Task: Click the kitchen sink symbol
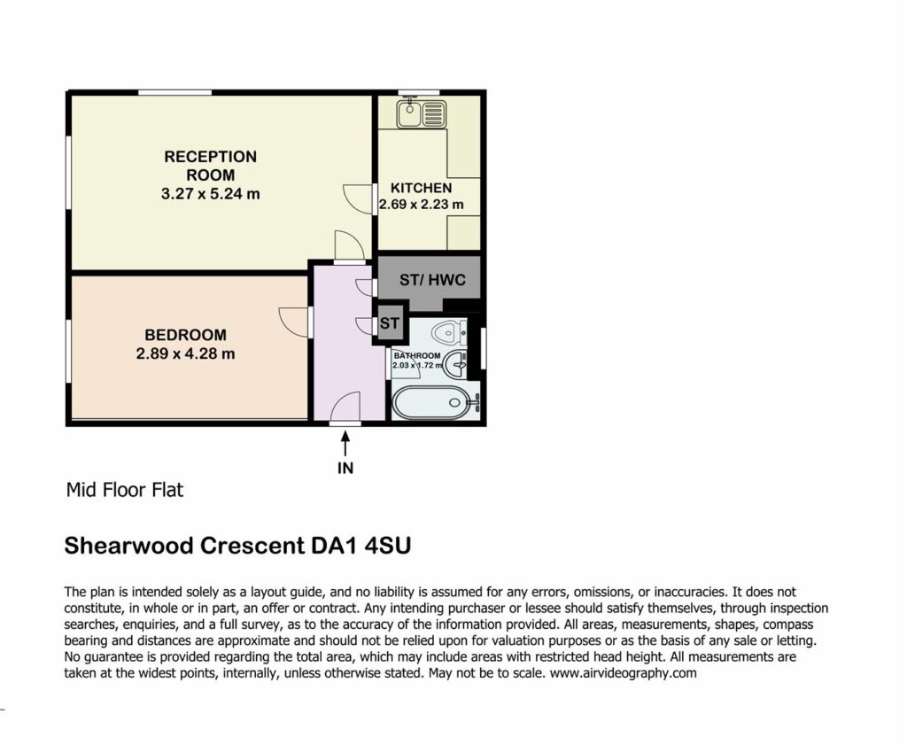[x=421, y=113]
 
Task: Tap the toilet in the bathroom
[x=449, y=332]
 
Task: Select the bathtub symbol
[x=436, y=400]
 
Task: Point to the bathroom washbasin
[x=455, y=364]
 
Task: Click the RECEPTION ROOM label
[x=211, y=166]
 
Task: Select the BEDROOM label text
[x=186, y=335]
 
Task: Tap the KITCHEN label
[x=421, y=188]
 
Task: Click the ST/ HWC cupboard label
[x=432, y=281]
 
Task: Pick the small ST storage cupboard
[x=390, y=322]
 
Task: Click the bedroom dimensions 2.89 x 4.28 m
[x=186, y=353]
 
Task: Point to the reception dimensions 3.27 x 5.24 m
[x=211, y=194]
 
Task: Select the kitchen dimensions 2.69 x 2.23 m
[x=421, y=205]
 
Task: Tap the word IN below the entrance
[x=345, y=468]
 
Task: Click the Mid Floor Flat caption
[x=125, y=490]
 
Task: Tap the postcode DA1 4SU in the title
[x=361, y=546]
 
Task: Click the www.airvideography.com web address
[x=623, y=673]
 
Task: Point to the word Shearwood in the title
[x=128, y=546]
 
